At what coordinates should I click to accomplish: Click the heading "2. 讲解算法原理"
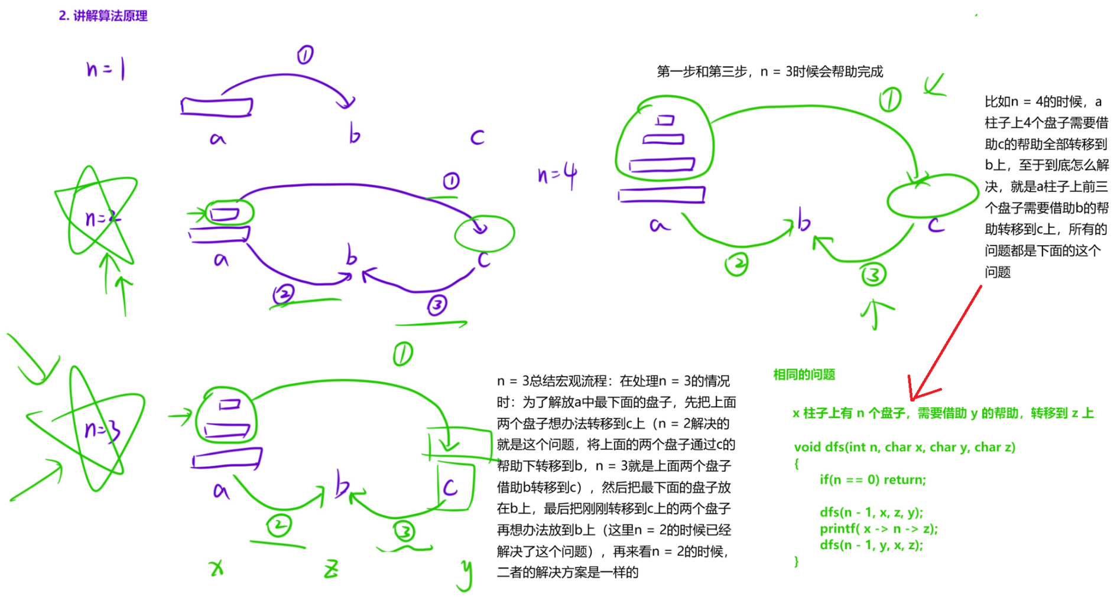[x=103, y=16]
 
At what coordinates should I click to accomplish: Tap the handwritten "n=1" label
[x=105, y=69]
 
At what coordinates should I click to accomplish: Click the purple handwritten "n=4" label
[x=557, y=175]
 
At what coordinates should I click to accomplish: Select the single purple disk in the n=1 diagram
[x=216, y=107]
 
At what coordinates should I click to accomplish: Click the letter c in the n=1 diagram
[x=477, y=138]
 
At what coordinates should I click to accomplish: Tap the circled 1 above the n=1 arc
[x=305, y=56]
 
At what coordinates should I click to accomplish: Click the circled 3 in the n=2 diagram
[x=437, y=305]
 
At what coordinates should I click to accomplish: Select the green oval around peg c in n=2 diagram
[x=485, y=233]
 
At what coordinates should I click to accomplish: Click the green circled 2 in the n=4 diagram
[x=736, y=264]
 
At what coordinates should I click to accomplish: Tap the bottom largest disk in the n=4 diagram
[x=661, y=194]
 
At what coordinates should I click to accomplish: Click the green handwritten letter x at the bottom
[x=217, y=567]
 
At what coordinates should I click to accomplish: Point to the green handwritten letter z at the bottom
[x=331, y=569]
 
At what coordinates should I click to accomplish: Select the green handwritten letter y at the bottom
[x=466, y=574]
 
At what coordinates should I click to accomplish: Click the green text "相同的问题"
[x=804, y=374]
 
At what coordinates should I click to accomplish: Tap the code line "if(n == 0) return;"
[x=872, y=479]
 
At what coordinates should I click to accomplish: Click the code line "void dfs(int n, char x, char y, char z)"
[x=904, y=447]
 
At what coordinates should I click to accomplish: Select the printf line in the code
[x=878, y=529]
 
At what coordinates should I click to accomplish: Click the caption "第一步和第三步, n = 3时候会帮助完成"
[x=769, y=71]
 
